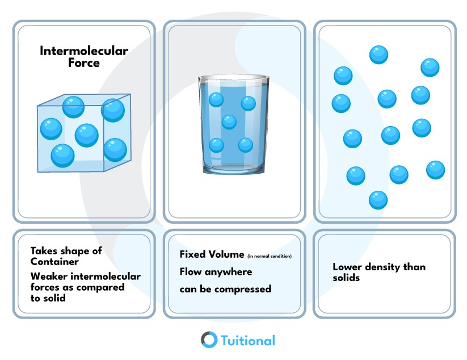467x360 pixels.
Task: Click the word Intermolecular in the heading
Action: coord(84,51)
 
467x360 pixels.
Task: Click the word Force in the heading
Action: coord(84,63)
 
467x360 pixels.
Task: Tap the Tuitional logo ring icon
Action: coord(209,340)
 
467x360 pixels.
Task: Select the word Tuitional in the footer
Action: coord(248,341)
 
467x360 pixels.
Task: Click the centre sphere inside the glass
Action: coord(229,122)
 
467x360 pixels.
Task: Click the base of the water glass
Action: coord(234,169)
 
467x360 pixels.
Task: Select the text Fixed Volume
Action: coord(212,254)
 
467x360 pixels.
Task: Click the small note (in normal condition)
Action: coord(270,256)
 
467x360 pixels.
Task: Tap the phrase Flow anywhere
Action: coord(216,272)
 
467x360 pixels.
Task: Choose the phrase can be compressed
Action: coord(225,289)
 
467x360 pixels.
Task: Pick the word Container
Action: coord(54,262)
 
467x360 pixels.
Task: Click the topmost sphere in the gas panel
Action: coord(378,55)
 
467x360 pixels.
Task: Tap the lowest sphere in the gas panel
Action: coord(378,200)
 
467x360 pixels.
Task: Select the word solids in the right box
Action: coord(346,278)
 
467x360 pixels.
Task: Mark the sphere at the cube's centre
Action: coord(87,135)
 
